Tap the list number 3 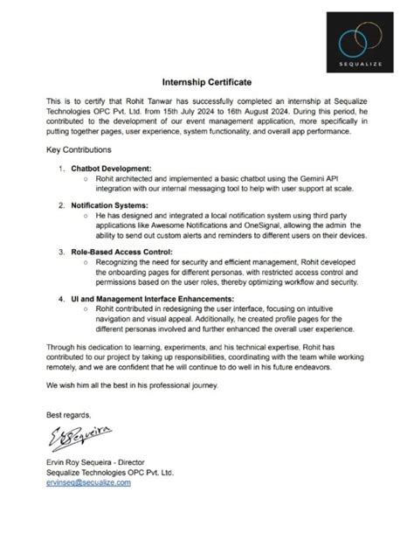(x=60, y=252)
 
